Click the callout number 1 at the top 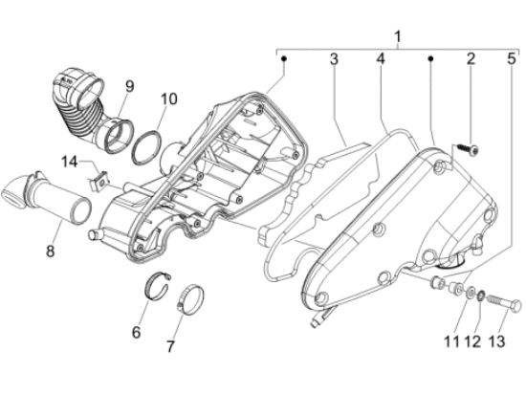[x=398, y=37]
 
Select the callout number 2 [x=471, y=58]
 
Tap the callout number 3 [x=334, y=59]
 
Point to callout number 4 [x=381, y=59]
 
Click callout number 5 [x=512, y=58]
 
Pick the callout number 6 [x=136, y=332]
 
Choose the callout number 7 [x=170, y=346]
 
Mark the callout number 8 [x=50, y=251]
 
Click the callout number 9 [x=129, y=86]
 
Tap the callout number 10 [x=168, y=98]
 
